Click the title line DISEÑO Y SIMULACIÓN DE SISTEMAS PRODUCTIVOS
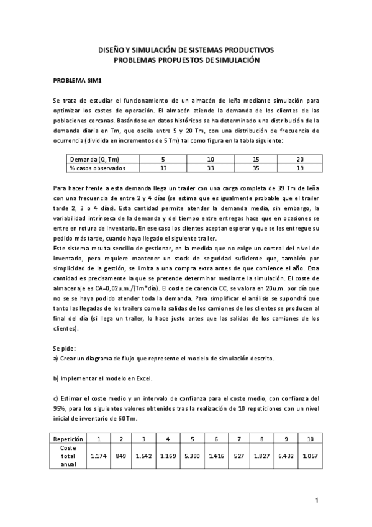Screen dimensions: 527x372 (x=186, y=50)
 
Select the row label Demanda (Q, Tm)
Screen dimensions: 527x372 (x=91, y=159)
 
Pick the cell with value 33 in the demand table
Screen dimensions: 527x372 (x=211, y=168)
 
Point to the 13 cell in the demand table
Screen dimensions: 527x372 (x=163, y=168)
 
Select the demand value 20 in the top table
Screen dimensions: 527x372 (x=300, y=159)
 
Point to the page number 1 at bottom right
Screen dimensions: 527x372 (x=316, y=500)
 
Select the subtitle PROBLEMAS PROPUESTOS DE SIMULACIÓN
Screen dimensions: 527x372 (x=186, y=60)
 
